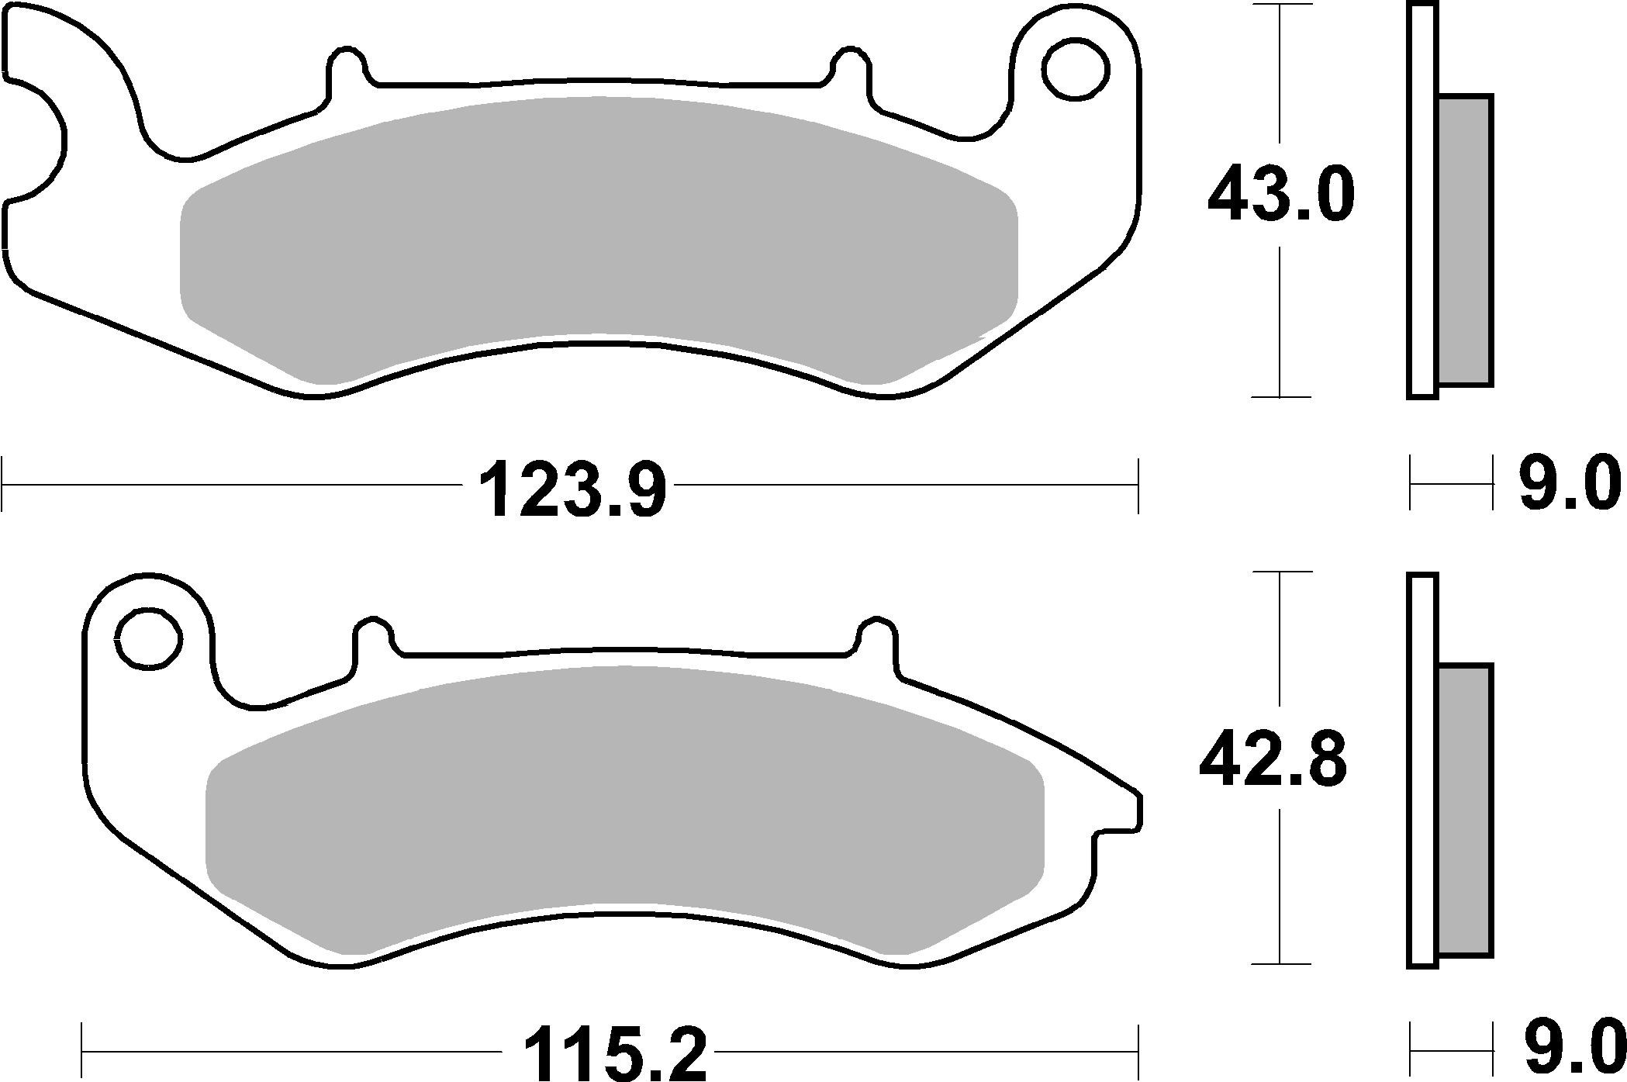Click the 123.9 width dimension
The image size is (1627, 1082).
pyautogui.click(x=572, y=488)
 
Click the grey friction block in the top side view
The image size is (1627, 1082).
pyautogui.click(x=1465, y=240)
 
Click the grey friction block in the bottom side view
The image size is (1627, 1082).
pyautogui.click(x=1465, y=807)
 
